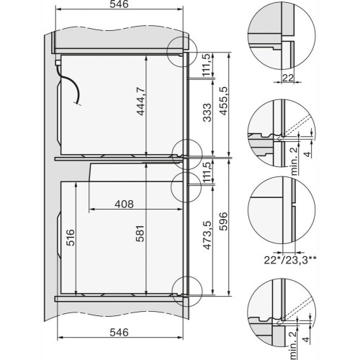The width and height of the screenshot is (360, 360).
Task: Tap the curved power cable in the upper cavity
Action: tap(71, 90)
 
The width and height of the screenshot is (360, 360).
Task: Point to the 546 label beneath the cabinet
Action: tap(120, 333)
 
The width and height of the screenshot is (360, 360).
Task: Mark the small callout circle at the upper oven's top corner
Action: tap(180, 51)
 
